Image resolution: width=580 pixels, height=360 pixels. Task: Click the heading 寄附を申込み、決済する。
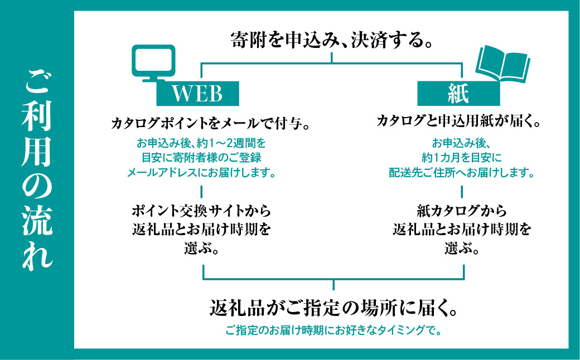[332, 40]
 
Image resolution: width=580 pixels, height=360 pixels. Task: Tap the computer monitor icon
[152, 62]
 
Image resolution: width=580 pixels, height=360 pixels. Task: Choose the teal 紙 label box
[458, 93]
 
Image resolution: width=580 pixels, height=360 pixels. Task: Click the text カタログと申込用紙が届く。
[458, 121]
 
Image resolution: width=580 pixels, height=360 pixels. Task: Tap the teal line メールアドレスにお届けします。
[202, 172]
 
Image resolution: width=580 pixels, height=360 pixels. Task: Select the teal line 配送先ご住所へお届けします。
[462, 172]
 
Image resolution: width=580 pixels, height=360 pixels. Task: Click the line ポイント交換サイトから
[202, 211]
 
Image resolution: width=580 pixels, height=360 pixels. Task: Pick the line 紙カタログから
[462, 211]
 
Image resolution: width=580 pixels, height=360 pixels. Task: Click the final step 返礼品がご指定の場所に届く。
[333, 307]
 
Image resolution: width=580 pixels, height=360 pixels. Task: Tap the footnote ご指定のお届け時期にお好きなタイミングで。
[333, 331]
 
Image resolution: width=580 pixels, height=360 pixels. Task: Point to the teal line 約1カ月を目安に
[462, 157]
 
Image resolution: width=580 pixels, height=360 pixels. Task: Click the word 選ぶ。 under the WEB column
[201, 248]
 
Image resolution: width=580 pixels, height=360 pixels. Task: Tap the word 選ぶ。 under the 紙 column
[462, 248]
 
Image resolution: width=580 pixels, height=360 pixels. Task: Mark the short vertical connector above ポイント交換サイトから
[201, 191]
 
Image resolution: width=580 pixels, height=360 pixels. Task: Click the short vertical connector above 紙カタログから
[462, 191]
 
